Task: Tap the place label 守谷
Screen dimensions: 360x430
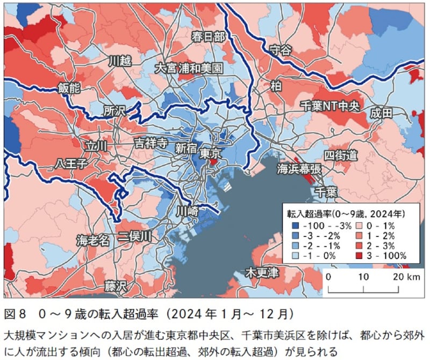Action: (279, 50)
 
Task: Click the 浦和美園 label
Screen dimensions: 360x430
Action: (201, 69)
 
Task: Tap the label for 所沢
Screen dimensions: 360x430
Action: (114, 111)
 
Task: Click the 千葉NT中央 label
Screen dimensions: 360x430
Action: (329, 105)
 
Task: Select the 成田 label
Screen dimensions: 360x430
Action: (381, 113)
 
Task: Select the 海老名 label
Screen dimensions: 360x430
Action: (92, 240)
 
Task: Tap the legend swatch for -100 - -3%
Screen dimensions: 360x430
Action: (295, 225)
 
